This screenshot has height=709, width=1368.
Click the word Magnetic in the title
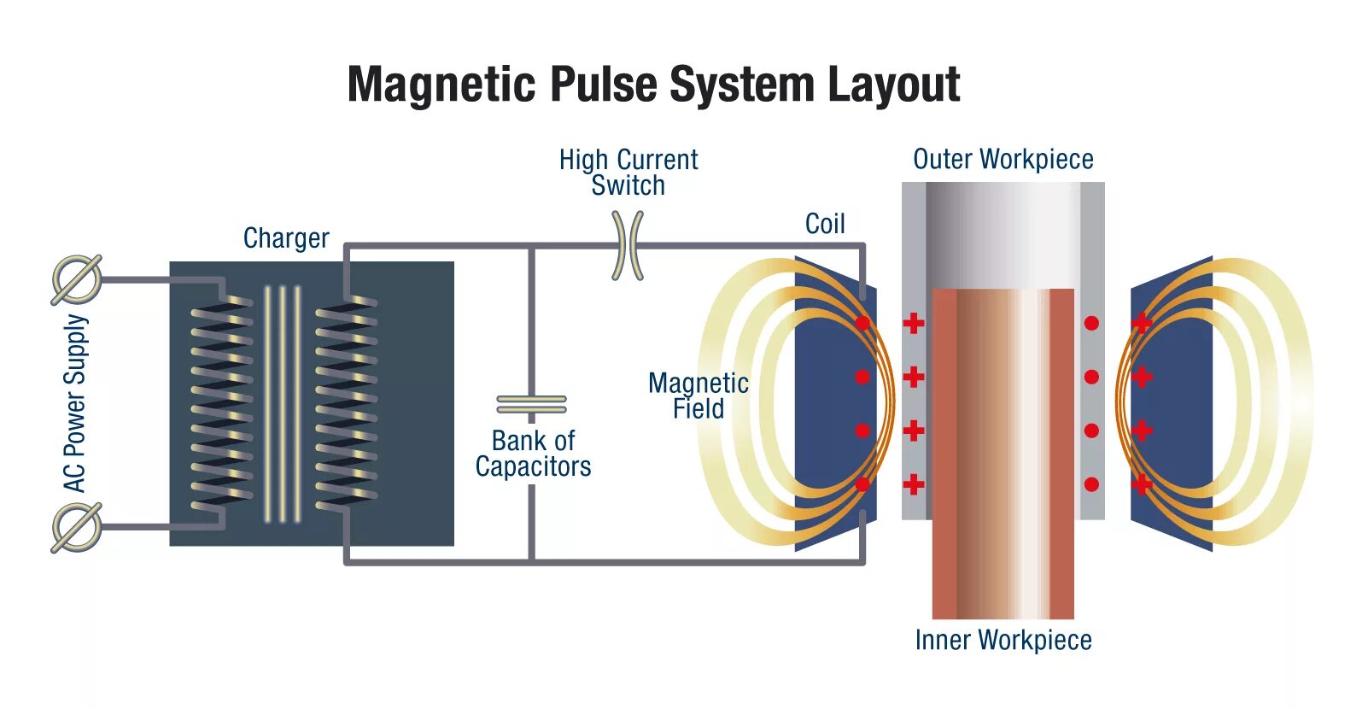point(441,85)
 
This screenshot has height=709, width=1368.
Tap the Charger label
point(286,238)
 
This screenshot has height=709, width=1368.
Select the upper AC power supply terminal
point(77,279)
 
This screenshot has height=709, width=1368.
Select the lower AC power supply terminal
point(77,527)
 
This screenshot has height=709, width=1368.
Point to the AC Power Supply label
point(75,403)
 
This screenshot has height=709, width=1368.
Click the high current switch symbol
point(628,246)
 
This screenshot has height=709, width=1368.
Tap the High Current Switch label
point(628,173)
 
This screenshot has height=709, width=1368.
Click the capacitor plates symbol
point(531,403)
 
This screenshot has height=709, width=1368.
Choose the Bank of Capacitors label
point(534,454)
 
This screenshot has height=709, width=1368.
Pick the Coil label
point(825,224)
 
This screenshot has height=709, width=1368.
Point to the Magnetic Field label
point(699,396)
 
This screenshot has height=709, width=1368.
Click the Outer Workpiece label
point(1003,160)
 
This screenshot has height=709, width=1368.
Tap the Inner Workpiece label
point(1003,640)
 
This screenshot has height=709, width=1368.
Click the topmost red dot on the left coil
point(862,323)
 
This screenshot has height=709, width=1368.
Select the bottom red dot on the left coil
point(862,484)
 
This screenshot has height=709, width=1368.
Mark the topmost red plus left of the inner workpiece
point(914,323)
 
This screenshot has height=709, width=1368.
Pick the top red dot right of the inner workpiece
point(1091,323)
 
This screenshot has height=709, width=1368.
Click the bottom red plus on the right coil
point(1142,484)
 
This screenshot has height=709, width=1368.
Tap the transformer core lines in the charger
point(283,403)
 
